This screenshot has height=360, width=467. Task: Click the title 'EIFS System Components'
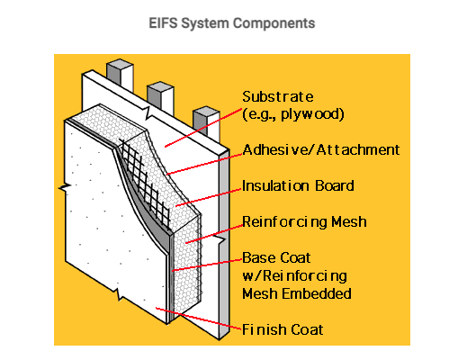point(232,23)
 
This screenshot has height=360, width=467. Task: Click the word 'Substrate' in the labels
point(278,96)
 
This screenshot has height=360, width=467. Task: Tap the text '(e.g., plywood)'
point(293,114)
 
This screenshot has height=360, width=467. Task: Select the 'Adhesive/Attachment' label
point(321,149)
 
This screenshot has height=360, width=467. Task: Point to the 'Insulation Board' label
point(298,185)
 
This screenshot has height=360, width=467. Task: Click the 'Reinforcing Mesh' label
point(304,222)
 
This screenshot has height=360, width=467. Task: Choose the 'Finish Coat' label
point(283,329)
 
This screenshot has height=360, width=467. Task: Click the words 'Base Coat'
point(276,257)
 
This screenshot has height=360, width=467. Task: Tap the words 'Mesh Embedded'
point(297,293)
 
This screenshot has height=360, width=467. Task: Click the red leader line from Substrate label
point(203,128)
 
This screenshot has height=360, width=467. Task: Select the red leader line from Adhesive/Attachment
point(204,164)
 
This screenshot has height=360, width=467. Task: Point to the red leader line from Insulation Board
point(209,197)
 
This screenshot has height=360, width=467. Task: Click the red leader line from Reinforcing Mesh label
point(214,234)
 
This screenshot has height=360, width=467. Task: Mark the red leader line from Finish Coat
point(199,319)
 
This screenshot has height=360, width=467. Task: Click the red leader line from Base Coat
point(207,265)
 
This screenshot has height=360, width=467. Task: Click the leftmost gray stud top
point(120,72)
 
